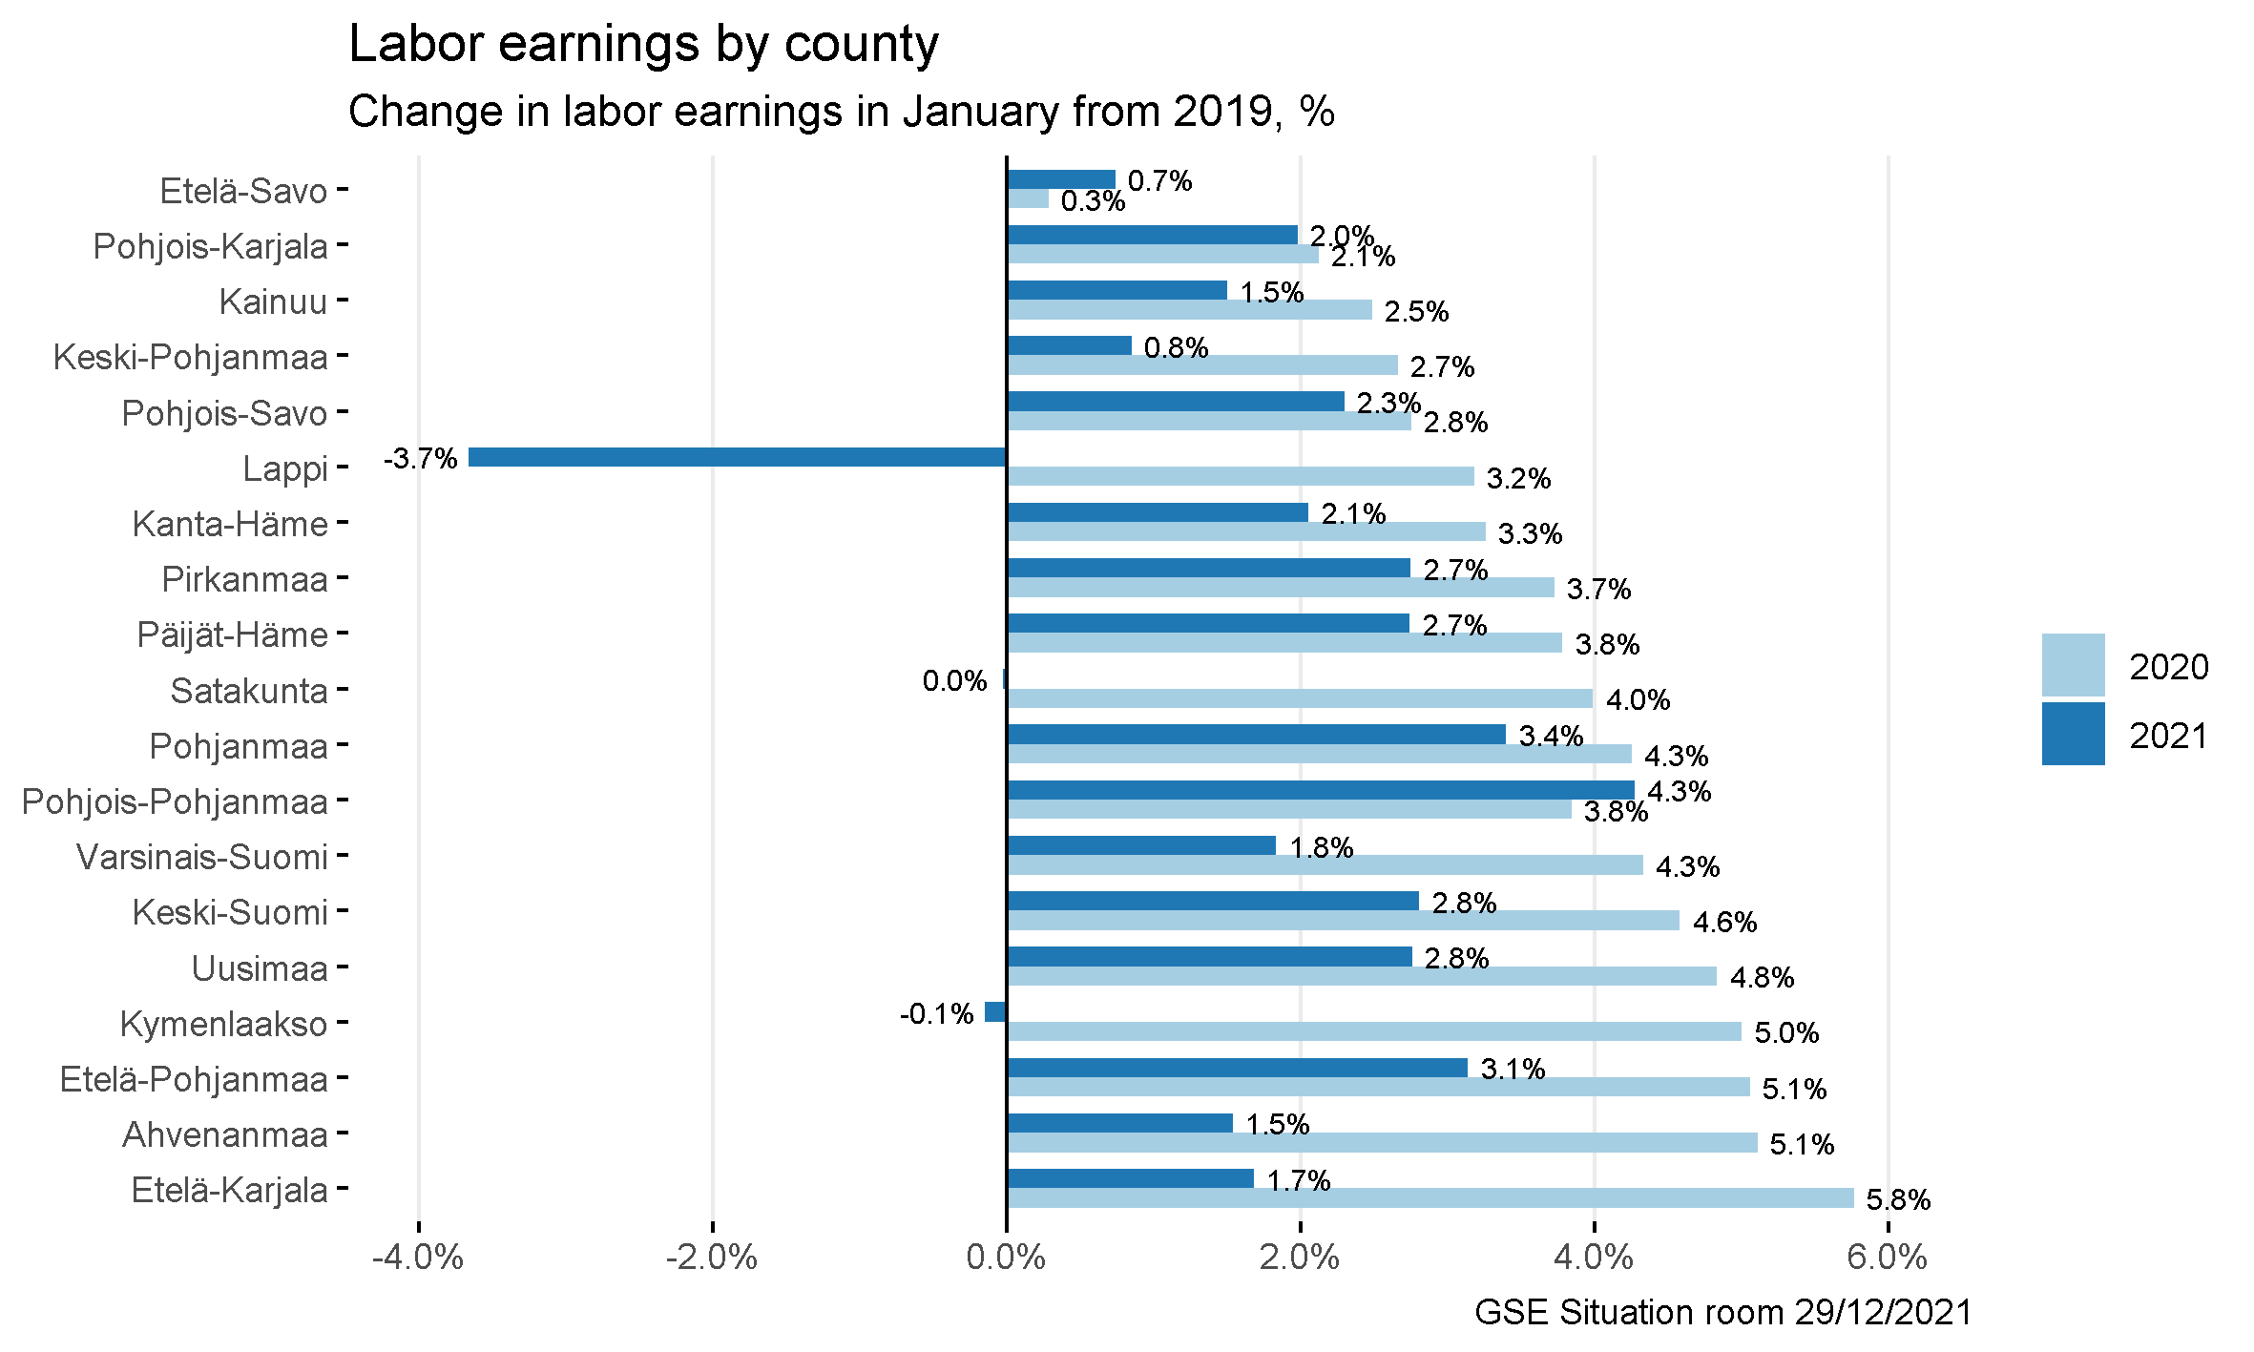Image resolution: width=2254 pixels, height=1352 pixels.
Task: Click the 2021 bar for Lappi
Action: pos(737,457)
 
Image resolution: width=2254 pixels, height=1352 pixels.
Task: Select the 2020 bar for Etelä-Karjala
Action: pos(1430,1198)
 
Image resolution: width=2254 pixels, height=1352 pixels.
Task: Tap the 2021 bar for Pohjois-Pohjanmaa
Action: pos(1320,790)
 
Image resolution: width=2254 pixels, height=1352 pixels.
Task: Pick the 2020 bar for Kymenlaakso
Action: pos(1373,1031)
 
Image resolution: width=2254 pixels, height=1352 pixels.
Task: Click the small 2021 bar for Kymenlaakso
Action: pos(995,1012)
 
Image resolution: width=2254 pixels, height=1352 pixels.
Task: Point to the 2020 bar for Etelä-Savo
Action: pos(1028,198)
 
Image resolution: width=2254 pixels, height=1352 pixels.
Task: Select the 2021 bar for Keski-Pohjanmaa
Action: pos(1069,345)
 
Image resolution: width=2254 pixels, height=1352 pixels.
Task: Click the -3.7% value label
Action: pos(421,459)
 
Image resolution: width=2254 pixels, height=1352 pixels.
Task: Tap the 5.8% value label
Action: pos(1898,1199)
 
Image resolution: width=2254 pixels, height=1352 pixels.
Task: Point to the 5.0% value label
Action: pos(1786,1032)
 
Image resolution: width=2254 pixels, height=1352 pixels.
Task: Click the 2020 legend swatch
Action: pos(2073,665)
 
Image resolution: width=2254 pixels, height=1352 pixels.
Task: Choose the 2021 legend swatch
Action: pos(2073,734)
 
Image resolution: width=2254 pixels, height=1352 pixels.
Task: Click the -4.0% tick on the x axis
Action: pos(418,1258)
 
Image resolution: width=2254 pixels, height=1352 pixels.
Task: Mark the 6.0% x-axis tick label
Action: pos(1887,1258)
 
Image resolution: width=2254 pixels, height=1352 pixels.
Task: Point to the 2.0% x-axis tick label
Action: pos(1299,1258)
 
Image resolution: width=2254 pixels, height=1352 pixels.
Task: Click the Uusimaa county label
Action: pos(260,968)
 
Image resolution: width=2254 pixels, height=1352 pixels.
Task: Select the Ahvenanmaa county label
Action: pos(225,1134)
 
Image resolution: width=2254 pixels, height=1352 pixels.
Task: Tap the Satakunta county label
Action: pos(249,691)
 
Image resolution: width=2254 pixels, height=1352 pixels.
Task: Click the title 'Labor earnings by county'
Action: pos(644,44)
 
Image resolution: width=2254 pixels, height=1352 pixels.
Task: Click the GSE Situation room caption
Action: pos(1722,1313)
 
